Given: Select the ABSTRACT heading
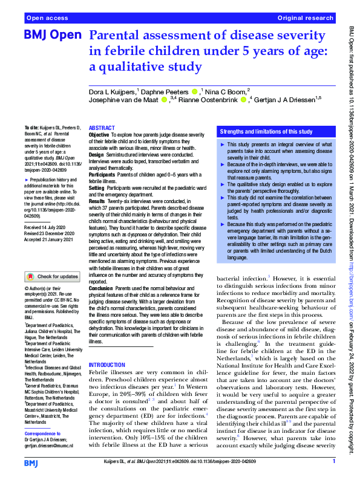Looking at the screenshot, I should [x=101, y=129].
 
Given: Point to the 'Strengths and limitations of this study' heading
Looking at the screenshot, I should [x=266, y=131].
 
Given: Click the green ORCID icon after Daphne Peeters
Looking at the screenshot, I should [x=194, y=91].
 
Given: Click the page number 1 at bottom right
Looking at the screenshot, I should [x=333, y=462].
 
